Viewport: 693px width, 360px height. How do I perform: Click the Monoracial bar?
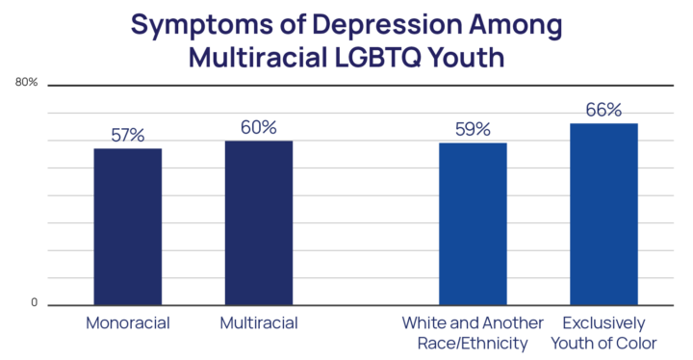pos(128,226)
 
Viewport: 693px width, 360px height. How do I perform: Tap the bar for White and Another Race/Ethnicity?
pos(473,222)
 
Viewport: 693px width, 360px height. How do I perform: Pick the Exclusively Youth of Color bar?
pos(603,213)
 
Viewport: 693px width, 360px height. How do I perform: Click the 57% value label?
pos(128,136)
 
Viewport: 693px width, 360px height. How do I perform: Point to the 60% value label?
pos(259,127)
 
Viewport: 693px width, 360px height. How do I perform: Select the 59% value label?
pos(473,129)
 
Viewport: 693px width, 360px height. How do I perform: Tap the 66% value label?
pos(603,110)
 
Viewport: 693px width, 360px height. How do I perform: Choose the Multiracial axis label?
pos(259,321)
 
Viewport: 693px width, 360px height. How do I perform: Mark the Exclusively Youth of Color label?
pos(603,331)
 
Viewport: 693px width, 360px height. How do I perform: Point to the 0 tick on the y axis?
pos(34,304)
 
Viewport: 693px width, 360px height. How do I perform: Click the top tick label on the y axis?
pos(28,84)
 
